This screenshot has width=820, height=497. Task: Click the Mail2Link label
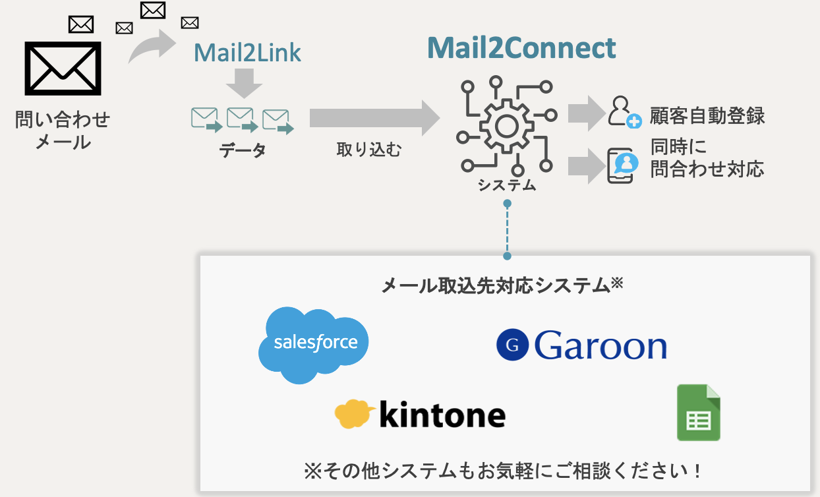(x=247, y=53)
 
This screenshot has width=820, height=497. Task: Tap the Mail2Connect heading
(x=521, y=47)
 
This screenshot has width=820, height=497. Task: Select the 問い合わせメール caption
(x=63, y=131)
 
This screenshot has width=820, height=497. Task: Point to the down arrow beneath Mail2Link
(x=244, y=84)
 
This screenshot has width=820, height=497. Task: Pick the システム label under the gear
(x=507, y=185)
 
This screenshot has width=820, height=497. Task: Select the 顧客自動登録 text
(x=707, y=116)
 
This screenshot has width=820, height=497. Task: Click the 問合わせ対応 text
(x=707, y=169)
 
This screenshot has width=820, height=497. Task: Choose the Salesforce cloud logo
(x=314, y=343)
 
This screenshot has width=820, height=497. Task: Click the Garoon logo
(x=581, y=345)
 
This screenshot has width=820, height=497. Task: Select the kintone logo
(x=420, y=415)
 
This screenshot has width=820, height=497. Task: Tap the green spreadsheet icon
(x=699, y=413)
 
